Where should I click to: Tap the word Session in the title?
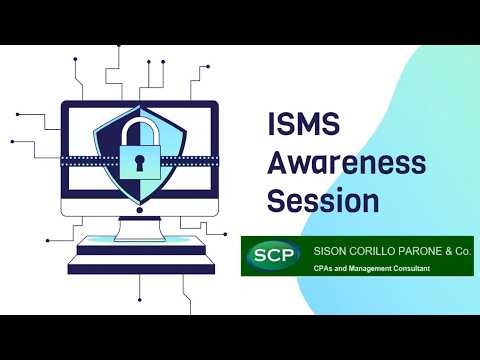(323, 199)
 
